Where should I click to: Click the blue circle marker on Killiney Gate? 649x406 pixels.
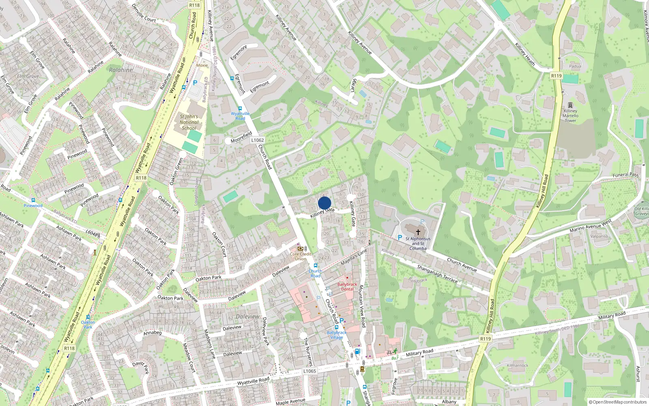click(324, 203)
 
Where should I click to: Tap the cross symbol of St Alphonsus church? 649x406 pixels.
click(418, 232)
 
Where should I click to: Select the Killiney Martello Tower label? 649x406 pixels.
click(570, 116)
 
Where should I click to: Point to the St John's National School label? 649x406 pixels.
click(189, 122)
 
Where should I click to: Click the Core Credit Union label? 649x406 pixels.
click(301, 256)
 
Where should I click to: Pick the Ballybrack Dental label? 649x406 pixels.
click(347, 287)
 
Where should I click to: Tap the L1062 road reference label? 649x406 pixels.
click(257, 140)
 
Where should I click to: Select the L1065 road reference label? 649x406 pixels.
click(309, 371)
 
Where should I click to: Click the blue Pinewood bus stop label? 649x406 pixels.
click(33, 205)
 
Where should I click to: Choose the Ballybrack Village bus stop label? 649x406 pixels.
click(337, 335)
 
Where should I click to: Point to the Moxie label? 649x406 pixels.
click(202, 65)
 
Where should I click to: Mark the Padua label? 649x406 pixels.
click(575, 66)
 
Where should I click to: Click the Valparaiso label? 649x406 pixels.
click(599, 236)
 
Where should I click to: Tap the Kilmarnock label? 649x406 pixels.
click(518, 365)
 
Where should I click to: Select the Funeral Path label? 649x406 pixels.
click(625, 175)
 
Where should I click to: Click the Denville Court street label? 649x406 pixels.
click(144, 13)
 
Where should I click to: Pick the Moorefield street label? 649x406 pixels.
click(241, 137)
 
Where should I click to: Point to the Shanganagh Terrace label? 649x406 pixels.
click(437, 274)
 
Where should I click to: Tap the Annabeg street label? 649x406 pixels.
click(153, 333)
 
